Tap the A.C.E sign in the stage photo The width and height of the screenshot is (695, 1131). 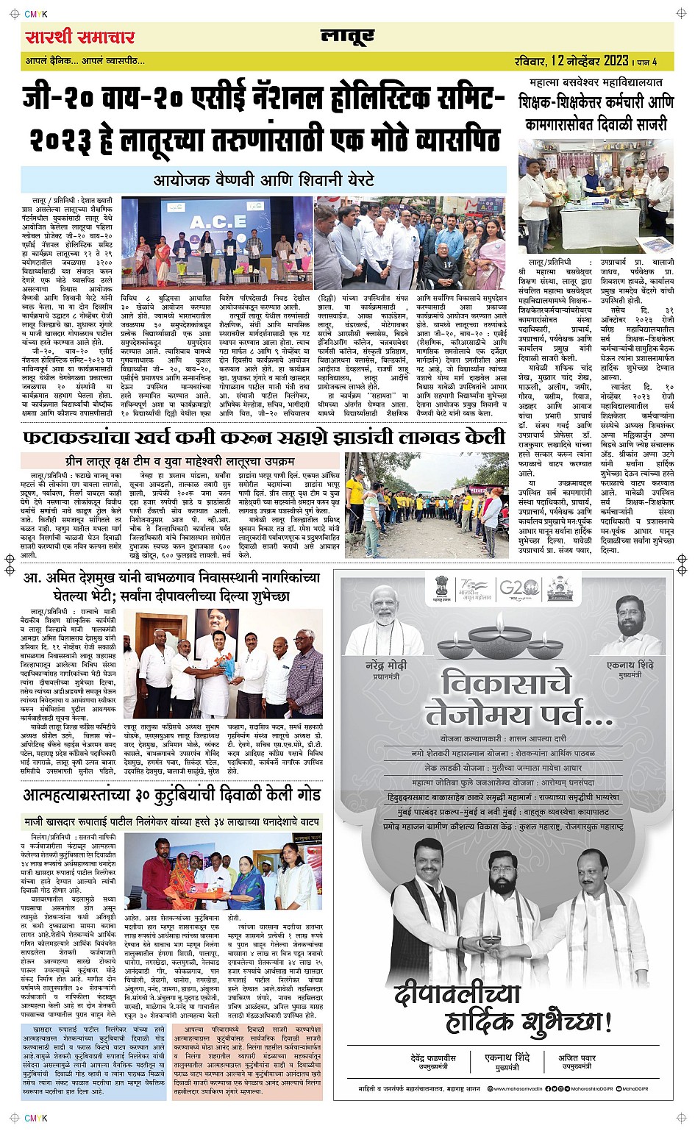coord(218,222)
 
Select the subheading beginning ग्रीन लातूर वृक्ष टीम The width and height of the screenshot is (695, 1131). coord(179,461)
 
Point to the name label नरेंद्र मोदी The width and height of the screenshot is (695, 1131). coord(386,665)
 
